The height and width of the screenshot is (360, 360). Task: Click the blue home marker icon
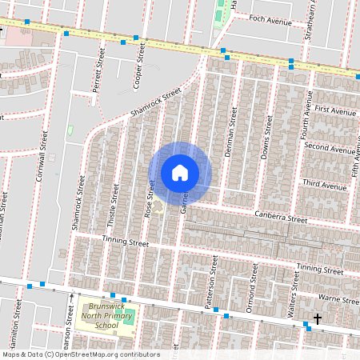pyautogui.click(x=180, y=173)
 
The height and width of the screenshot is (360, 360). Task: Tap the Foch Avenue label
pyautogui.click(x=270, y=19)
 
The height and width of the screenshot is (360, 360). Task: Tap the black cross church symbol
pyautogui.click(x=318, y=318)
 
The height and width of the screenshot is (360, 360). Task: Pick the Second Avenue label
pyautogui.click(x=330, y=148)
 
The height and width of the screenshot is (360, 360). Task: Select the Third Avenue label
pyautogui.click(x=324, y=186)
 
